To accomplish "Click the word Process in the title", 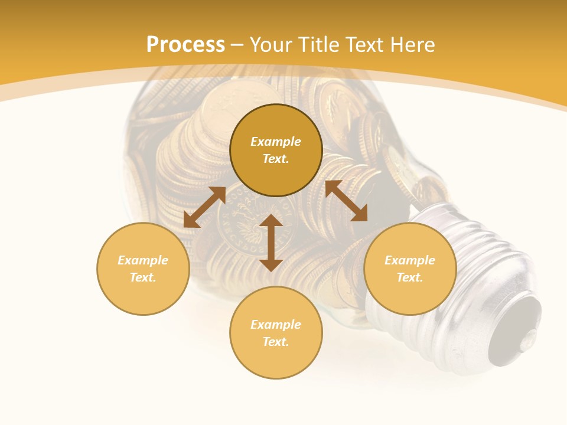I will tap(185, 45).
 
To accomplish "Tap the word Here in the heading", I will tap(412, 45).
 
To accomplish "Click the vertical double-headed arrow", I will tap(271, 243).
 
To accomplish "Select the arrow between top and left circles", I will tap(204, 207).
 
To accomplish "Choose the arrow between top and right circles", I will tap(346, 201).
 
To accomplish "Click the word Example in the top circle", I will tap(276, 142).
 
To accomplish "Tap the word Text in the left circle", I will tap(143, 277).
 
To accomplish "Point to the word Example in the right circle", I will tap(410, 260).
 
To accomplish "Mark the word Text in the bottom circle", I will tap(276, 342).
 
